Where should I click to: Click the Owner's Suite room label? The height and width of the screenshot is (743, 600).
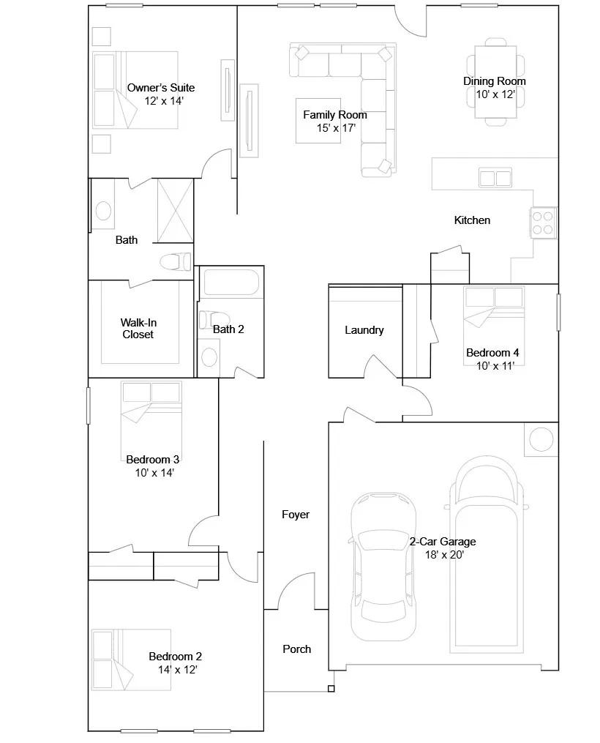click(x=161, y=88)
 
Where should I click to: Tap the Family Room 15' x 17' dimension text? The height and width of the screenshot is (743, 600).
click(x=336, y=128)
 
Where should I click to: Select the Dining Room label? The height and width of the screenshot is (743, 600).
click(x=495, y=81)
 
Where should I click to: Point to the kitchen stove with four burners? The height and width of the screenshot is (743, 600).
click(x=543, y=223)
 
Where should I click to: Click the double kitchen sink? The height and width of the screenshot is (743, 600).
click(x=495, y=178)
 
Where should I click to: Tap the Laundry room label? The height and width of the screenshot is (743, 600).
click(x=364, y=330)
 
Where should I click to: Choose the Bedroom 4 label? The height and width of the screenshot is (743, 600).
click(x=492, y=353)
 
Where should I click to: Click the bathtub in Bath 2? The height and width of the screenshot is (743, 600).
click(x=231, y=283)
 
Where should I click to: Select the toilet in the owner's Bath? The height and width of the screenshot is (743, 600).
click(x=175, y=261)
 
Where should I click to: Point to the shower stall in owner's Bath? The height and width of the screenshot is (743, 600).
click(x=175, y=211)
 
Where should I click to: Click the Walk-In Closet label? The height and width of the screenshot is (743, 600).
click(x=138, y=329)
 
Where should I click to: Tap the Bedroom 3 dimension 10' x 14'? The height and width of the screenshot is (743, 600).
click(x=154, y=472)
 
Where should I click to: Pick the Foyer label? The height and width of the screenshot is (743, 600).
click(x=296, y=515)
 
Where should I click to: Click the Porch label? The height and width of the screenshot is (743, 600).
click(x=297, y=649)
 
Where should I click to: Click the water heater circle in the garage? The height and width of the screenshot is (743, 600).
click(x=541, y=438)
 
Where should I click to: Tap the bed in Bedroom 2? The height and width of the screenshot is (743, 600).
click(x=131, y=660)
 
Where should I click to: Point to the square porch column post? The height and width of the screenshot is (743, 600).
click(x=331, y=689)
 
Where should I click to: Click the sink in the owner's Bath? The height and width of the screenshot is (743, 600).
click(x=104, y=210)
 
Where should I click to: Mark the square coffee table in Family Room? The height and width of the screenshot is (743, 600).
click(x=318, y=120)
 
